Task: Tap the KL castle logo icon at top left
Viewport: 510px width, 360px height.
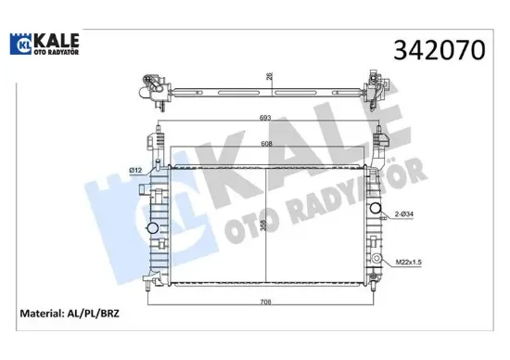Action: (23, 43)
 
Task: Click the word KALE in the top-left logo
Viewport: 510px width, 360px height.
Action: (58, 38)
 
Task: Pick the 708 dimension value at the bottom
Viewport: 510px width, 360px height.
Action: (266, 302)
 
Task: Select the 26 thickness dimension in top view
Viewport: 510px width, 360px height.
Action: (268, 78)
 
